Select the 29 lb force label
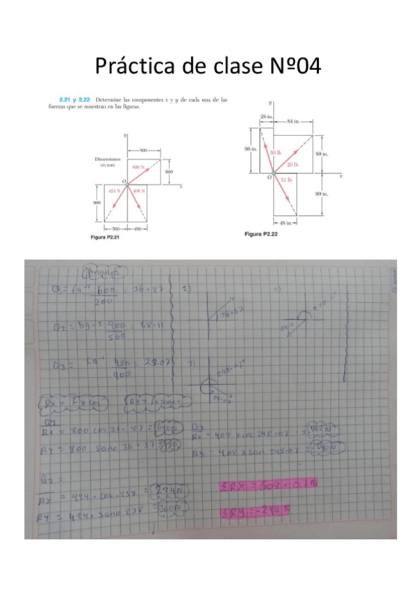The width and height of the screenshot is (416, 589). coord(292,165)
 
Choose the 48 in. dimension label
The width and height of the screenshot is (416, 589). coord(287,223)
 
